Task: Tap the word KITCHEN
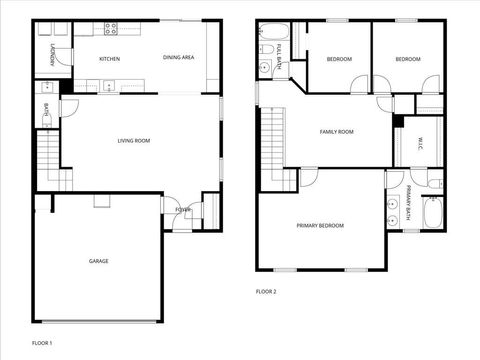pyautogui.click(x=110, y=59)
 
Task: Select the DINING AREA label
pyautogui.click(x=178, y=58)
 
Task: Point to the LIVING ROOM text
pyautogui.click(x=133, y=141)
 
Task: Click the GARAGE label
pyautogui.click(x=98, y=261)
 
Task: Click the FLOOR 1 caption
pyautogui.click(x=41, y=343)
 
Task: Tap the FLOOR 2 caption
pyautogui.click(x=266, y=291)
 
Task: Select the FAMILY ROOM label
pyautogui.click(x=336, y=132)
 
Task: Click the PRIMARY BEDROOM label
pyautogui.click(x=320, y=226)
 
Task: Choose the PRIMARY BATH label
pyautogui.click(x=409, y=210)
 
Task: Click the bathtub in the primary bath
pyautogui.click(x=433, y=213)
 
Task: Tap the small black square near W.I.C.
pyautogui.click(x=397, y=121)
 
